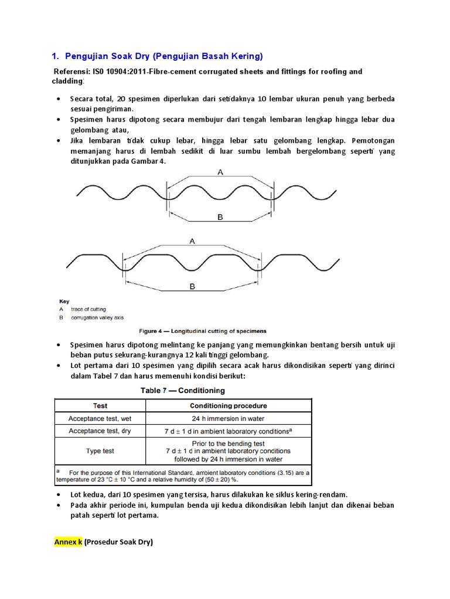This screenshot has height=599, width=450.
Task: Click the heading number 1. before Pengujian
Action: click(x=55, y=56)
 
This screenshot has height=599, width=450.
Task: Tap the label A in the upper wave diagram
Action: click(x=220, y=172)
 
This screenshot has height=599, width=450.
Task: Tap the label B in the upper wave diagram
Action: click(x=220, y=217)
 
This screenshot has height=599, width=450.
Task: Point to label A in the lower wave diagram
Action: click(x=192, y=240)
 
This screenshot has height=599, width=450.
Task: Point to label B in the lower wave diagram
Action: click(x=191, y=287)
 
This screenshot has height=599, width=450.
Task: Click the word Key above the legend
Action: click(x=64, y=301)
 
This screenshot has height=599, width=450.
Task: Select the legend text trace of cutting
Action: click(x=88, y=309)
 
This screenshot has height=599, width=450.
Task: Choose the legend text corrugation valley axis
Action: click(x=98, y=318)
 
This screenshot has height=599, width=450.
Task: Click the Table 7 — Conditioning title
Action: click(x=182, y=390)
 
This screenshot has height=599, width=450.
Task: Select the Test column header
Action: click(x=100, y=405)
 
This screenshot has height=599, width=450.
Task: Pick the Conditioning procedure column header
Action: click(x=228, y=405)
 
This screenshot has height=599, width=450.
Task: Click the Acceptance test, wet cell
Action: click(x=100, y=418)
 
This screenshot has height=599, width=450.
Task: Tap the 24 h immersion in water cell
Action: click(x=228, y=418)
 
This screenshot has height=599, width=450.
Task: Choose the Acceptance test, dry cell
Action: click(x=100, y=431)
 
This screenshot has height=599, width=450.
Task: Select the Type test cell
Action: click(x=100, y=451)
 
